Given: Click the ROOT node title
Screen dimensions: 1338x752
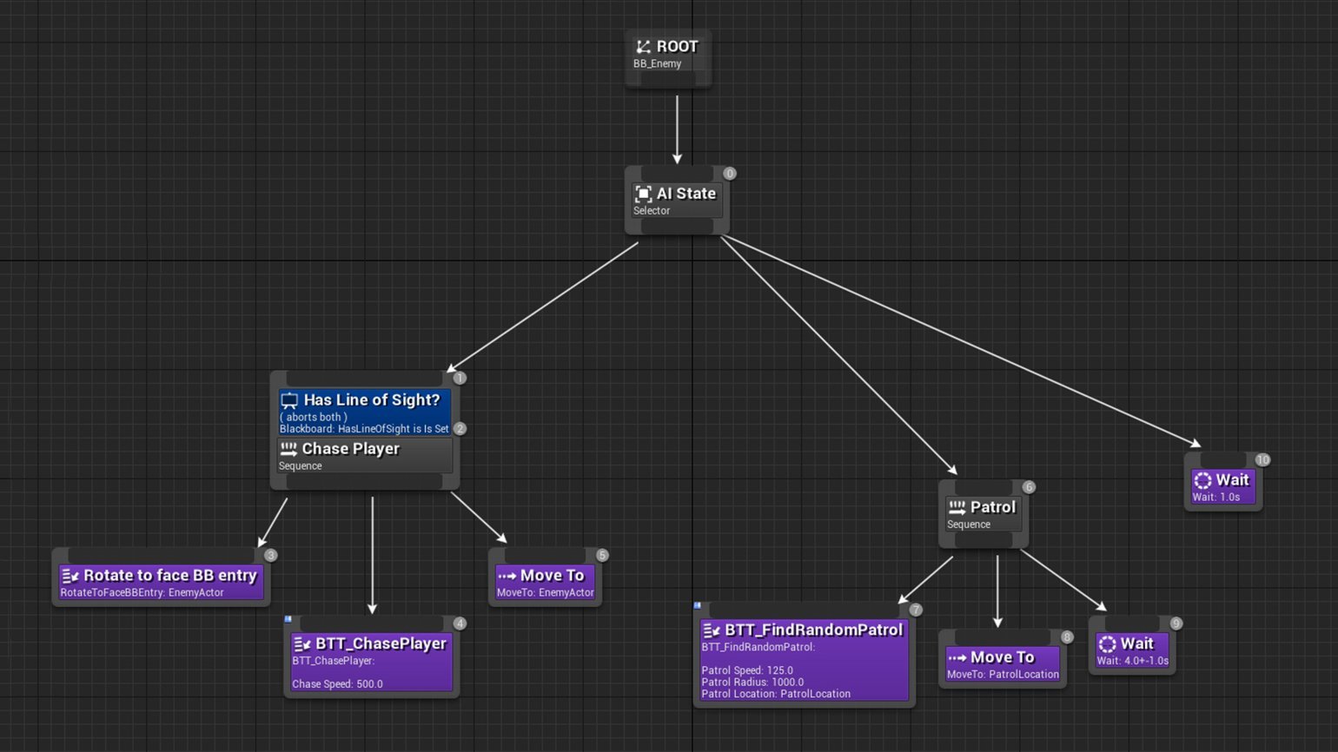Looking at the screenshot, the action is coord(677,47).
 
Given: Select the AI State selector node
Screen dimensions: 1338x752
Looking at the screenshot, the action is coord(677,200).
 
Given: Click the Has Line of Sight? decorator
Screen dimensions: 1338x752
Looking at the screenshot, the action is coord(364,412).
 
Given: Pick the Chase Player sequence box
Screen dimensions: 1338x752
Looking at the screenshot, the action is coord(364,456).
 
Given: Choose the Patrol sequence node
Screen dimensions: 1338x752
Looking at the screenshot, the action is coord(984,514).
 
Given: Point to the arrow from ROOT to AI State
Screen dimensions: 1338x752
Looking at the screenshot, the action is coord(677,129).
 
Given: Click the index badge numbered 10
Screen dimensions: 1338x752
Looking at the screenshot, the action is coord(1262,459).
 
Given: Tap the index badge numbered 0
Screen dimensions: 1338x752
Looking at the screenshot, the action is coord(729,174).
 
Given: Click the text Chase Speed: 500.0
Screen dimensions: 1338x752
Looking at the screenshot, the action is coord(337,684).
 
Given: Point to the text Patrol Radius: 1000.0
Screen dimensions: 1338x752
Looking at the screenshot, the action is coord(752,683).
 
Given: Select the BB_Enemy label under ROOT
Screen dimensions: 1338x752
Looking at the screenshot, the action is coord(657,64).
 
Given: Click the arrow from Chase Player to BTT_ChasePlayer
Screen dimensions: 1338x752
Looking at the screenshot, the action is coord(372,555).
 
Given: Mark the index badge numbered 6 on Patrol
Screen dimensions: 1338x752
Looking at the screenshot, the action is coord(1029,487).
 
